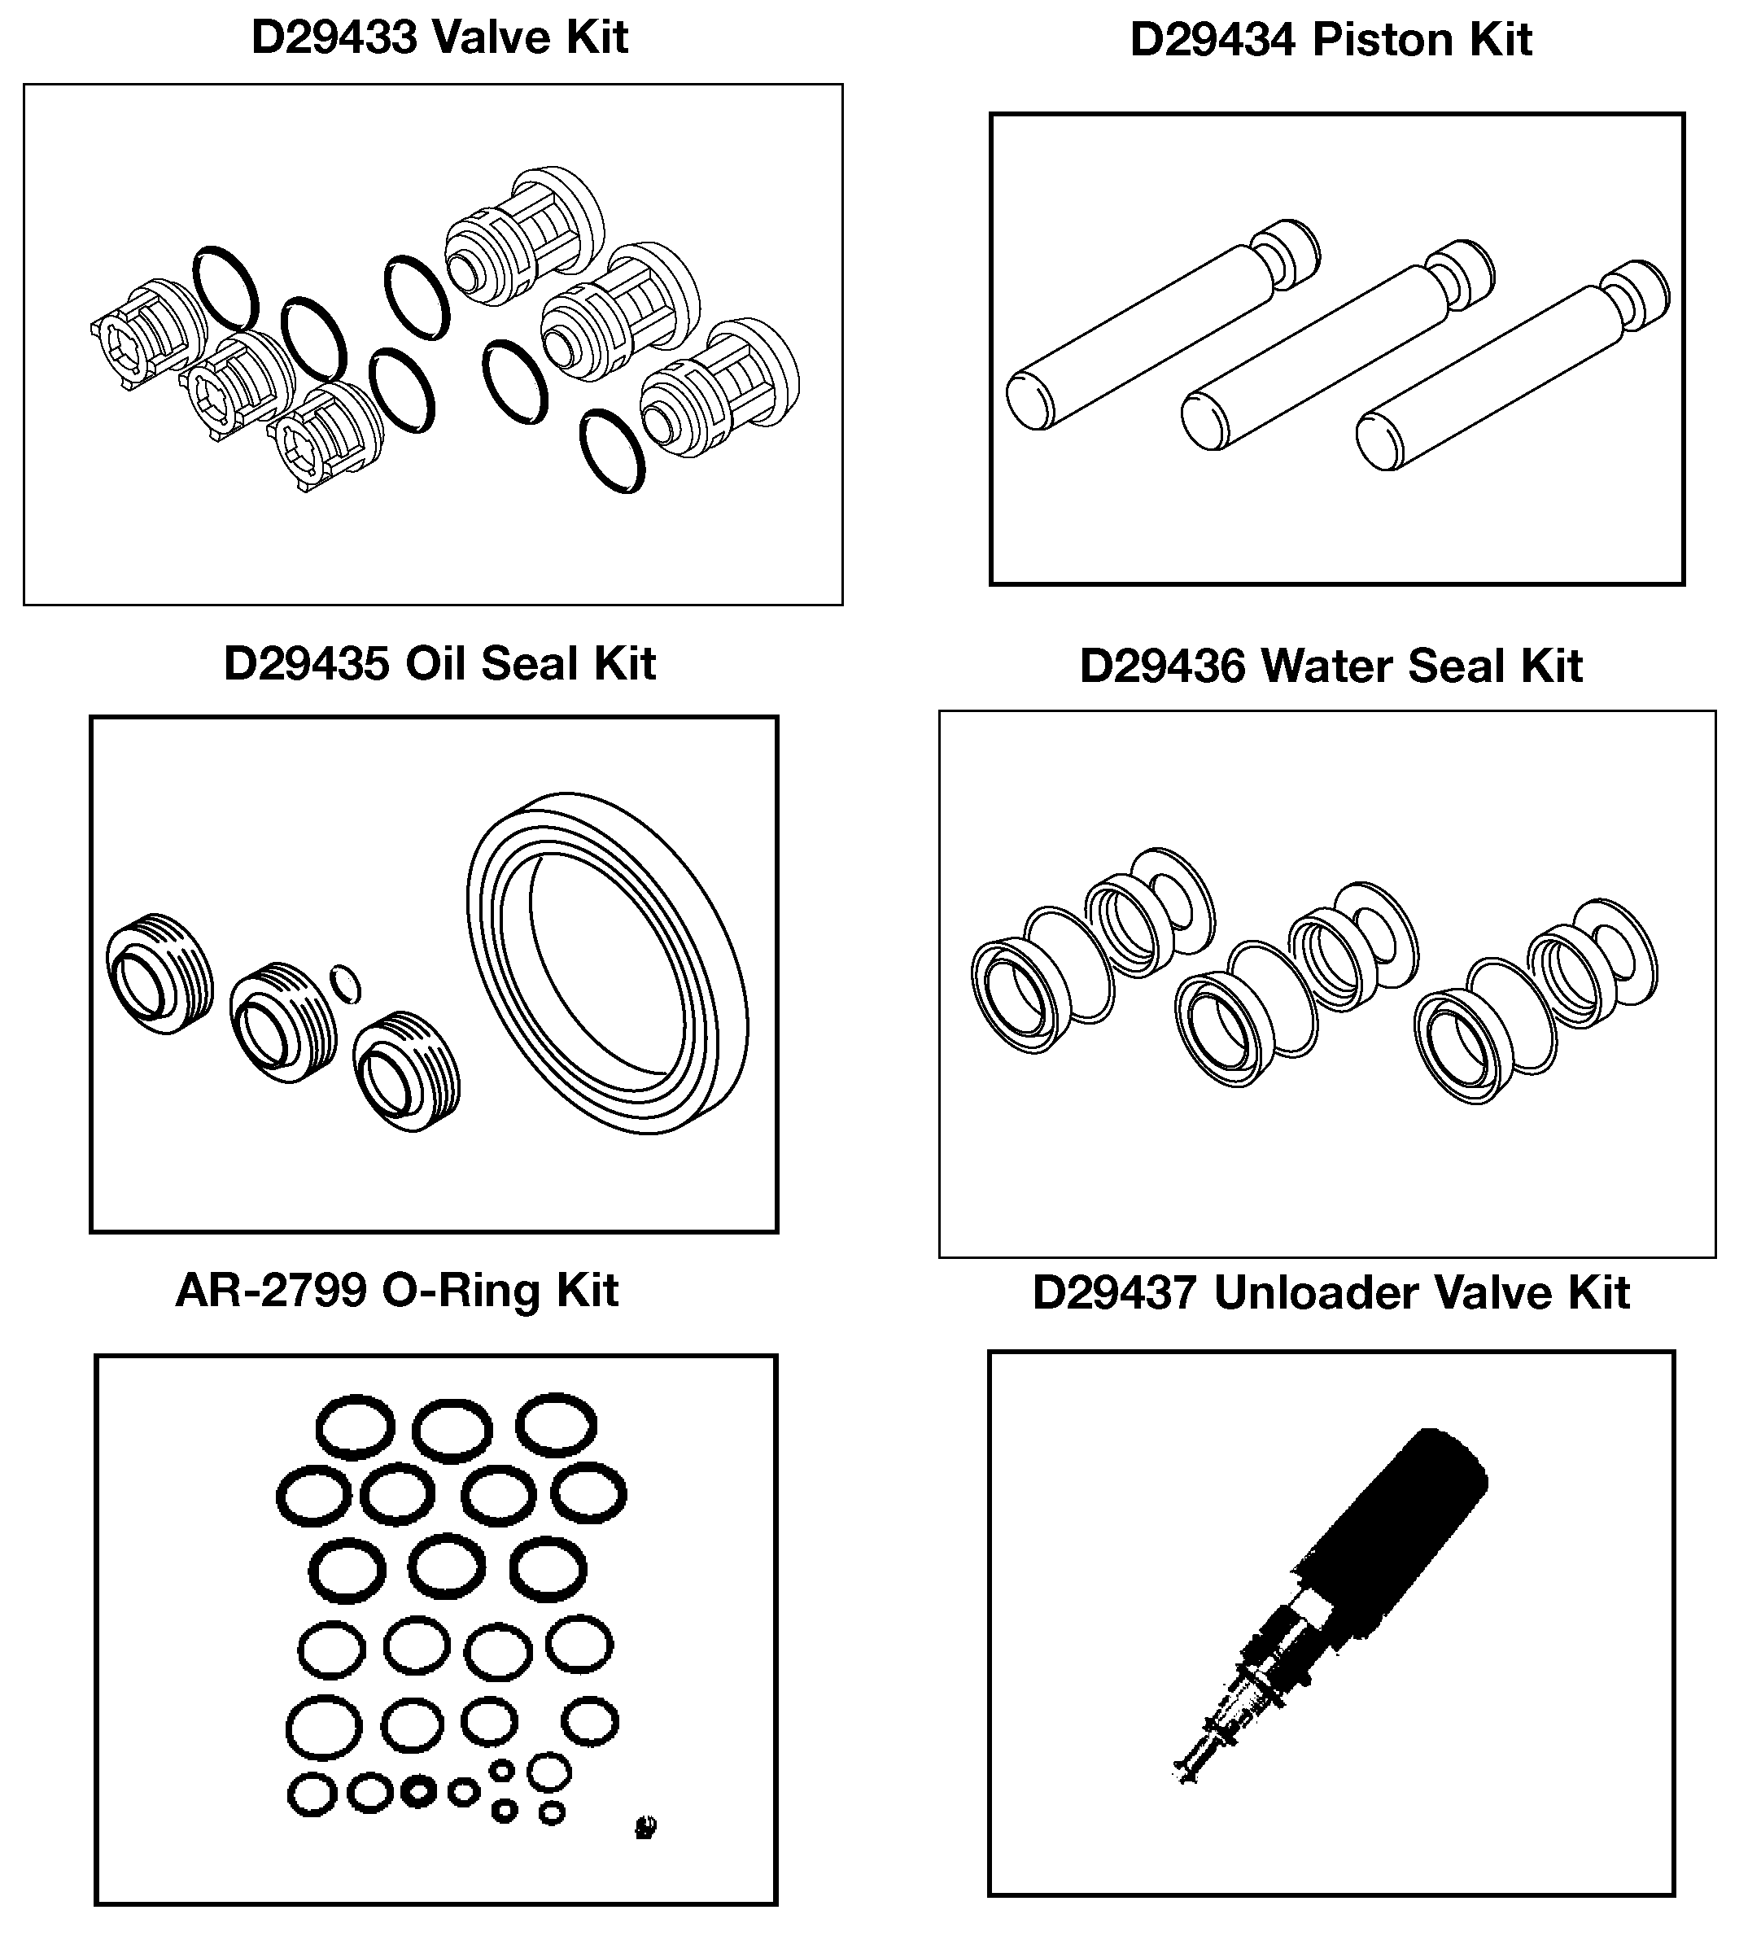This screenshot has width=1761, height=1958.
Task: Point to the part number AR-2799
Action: [271, 1291]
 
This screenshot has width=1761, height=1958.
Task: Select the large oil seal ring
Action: [608, 963]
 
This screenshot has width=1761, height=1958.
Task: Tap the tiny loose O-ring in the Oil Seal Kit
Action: [345, 984]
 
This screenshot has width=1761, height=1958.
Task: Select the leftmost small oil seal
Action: [159, 973]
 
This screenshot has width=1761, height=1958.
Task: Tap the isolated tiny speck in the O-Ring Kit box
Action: [645, 1826]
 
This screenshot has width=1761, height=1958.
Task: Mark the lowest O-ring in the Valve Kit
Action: [613, 451]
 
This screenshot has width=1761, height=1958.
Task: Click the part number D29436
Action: [1162, 667]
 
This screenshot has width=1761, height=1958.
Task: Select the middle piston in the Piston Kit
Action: [1337, 344]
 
